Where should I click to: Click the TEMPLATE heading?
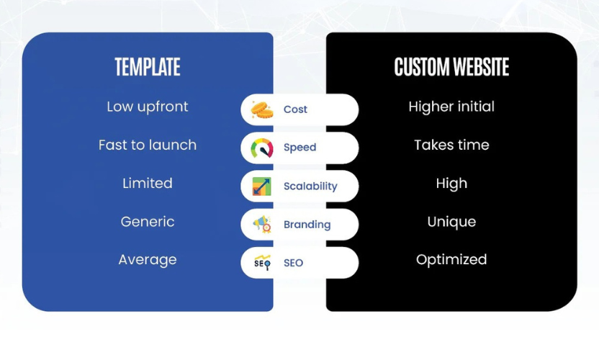click(x=148, y=68)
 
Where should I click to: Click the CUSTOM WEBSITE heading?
click(x=451, y=68)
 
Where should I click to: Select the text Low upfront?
click(x=148, y=107)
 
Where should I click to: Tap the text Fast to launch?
click(x=148, y=145)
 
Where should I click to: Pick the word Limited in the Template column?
click(x=148, y=184)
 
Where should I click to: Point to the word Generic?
click(x=148, y=222)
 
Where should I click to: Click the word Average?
click(x=148, y=260)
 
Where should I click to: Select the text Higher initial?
click(x=451, y=107)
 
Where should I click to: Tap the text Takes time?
click(x=451, y=145)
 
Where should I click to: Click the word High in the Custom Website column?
click(x=451, y=184)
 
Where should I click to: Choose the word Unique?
click(x=451, y=222)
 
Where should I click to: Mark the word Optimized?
click(x=451, y=260)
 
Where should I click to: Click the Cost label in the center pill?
click(x=295, y=109)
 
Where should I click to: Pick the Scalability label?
click(x=310, y=186)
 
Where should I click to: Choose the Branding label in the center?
click(x=307, y=225)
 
